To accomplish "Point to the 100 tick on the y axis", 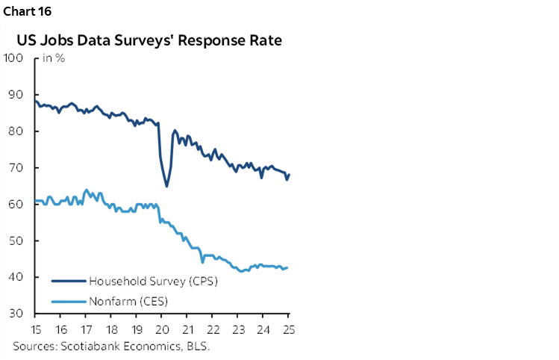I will click(13, 58).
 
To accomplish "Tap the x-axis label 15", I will click(36, 330).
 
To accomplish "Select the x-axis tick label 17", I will click(87, 330).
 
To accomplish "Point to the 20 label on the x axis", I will click(162, 330).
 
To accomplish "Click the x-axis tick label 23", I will click(238, 330).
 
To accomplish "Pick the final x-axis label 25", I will click(287, 330).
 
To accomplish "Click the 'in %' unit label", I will click(52, 59).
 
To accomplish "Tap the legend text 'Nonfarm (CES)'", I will click(128, 301).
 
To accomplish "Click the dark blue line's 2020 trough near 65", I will click(167, 186).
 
